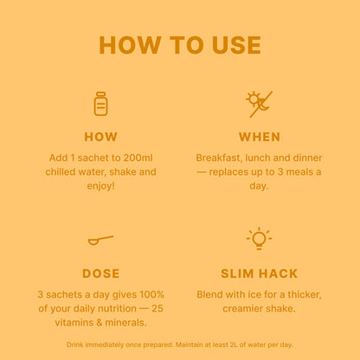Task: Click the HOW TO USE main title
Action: point(180,45)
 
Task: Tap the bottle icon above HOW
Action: point(100,104)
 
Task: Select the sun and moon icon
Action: point(259,104)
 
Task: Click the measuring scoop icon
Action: point(100,240)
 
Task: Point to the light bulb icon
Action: point(259,238)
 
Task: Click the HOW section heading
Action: point(100,137)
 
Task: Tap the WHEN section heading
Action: point(260,137)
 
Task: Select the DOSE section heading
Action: point(100,273)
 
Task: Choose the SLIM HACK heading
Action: point(259,273)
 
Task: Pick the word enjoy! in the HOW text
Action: point(100,186)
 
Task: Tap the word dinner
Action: point(307,157)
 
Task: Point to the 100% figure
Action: point(151,294)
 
